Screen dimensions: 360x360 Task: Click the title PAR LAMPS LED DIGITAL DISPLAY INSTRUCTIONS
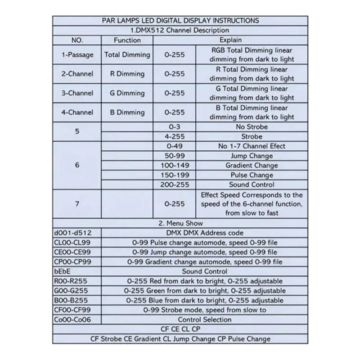(180, 21)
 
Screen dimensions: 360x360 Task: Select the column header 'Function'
(127, 40)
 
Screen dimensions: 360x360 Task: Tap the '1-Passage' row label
(77, 55)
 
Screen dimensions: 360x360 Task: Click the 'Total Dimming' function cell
(127, 55)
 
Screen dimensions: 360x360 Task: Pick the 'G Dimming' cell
(127, 93)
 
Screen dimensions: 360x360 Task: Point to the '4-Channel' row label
(77, 112)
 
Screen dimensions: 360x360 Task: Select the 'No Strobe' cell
(252, 127)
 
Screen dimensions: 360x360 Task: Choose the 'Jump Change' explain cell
(252, 156)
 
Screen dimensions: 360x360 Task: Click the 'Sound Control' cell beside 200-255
(252, 184)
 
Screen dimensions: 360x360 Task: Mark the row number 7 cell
(77, 204)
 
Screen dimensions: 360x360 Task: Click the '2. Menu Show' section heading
(180, 223)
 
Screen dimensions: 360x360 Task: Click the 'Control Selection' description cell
(205, 319)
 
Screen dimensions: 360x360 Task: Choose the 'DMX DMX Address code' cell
(205, 233)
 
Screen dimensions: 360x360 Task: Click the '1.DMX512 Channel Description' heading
(180, 30)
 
